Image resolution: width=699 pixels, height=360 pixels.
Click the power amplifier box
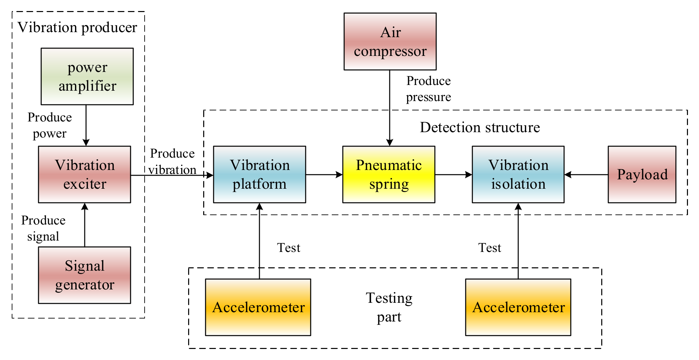tap(87, 76)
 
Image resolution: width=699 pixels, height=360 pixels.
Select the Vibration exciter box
tap(84, 174)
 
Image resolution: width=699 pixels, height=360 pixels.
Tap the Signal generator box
tap(84, 275)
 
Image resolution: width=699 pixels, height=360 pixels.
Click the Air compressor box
tap(390, 41)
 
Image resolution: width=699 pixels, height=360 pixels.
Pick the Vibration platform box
tap(259, 174)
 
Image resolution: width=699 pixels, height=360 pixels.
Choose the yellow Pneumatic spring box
tap(389, 174)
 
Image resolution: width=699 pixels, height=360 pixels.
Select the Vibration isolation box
tap(518, 174)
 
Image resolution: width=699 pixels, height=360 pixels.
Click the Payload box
tap(642, 174)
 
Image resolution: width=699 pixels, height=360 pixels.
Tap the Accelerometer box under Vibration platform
tap(258, 307)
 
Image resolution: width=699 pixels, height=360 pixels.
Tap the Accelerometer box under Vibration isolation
tap(518, 307)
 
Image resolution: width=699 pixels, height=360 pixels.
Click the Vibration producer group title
tap(77, 27)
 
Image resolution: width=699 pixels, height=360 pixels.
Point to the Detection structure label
tap(480, 127)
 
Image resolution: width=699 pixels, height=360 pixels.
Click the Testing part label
tap(389, 307)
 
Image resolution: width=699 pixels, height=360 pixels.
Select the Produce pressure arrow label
tap(429, 89)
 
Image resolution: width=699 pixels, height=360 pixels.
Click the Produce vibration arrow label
tap(172, 162)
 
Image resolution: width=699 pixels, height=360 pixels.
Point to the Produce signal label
tap(43, 228)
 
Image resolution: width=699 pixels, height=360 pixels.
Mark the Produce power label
tap(50, 125)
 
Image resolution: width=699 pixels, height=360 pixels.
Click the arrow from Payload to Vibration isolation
tap(586, 174)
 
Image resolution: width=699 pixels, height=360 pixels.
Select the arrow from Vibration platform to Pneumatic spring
tap(324, 174)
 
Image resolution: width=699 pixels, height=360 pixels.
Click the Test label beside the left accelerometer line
tap(289, 248)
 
